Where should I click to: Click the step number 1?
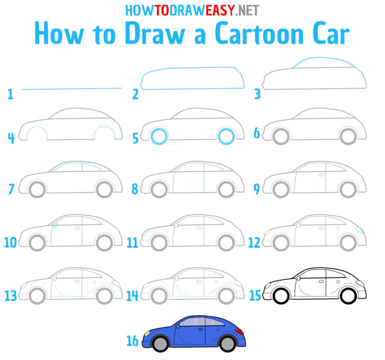[x=10, y=93]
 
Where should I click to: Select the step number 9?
[x=257, y=189]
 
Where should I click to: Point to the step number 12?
[x=254, y=242]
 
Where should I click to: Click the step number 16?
[x=132, y=341]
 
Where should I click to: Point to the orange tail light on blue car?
[x=240, y=331]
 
